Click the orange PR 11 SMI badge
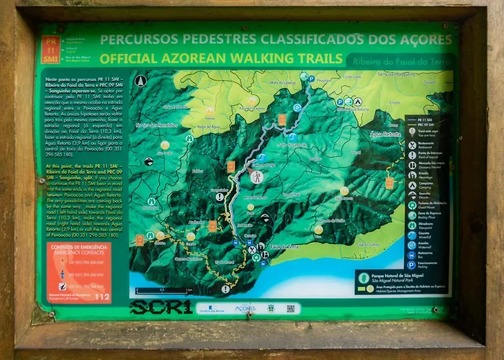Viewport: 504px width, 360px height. tap(50, 48)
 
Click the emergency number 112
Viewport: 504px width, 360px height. tap(102, 295)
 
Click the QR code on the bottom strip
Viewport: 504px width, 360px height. tap(291, 308)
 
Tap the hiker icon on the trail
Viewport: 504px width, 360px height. tap(256, 176)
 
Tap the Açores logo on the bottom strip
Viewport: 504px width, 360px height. tap(245, 307)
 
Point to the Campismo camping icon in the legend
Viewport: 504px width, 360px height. tap(412, 183)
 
